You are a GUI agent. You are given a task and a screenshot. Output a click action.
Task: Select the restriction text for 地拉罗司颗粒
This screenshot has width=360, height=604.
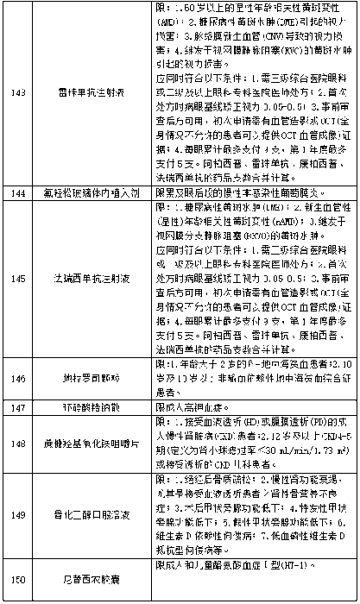click(250, 378)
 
